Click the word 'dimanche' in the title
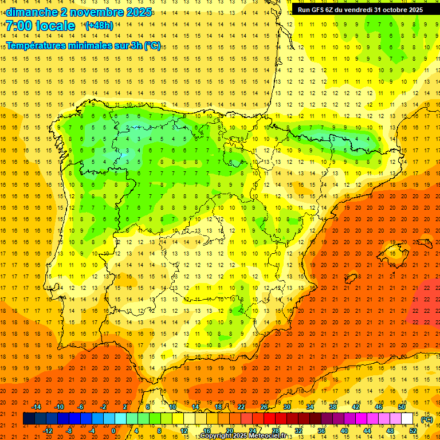(31, 12)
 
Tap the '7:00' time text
(20, 26)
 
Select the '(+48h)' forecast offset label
(99, 26)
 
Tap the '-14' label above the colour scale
(37, 407)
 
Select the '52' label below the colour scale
(413, 431)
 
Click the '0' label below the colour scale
(113, 431)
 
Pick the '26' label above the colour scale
(264, 407)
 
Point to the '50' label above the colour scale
(402, 407)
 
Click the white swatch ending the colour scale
(407, 419)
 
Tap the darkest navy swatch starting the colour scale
(29, 419)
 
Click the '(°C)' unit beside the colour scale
(427, 419)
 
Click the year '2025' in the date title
(135, 12)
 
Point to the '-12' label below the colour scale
(48, 431)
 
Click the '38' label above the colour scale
(333, 407)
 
